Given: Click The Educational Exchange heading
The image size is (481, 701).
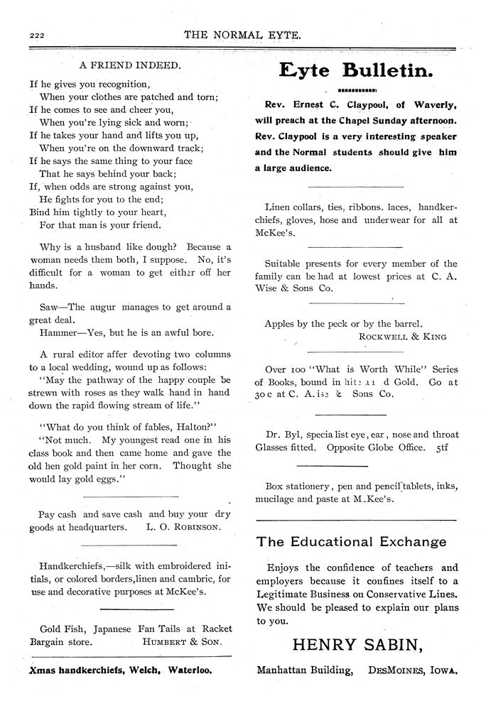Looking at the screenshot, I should [352, 542].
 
